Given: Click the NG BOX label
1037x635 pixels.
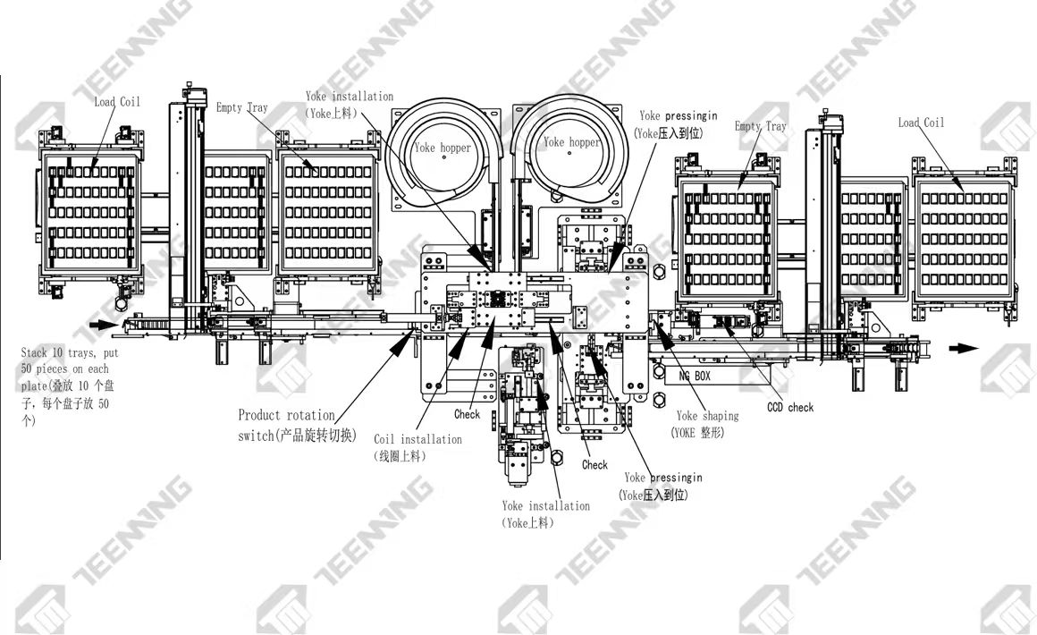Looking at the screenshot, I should [x=695, y=377].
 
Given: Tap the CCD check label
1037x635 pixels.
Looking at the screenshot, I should [x=790, y=408].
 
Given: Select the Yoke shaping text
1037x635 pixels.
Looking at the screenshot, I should [x=707, y=416].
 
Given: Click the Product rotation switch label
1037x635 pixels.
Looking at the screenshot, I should [x=286, y=415].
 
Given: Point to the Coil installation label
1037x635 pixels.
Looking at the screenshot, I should [x=417, y=439].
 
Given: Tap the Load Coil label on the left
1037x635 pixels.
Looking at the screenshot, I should [x=117, y=102].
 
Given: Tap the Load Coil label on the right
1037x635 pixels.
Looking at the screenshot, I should [x=921, y=123].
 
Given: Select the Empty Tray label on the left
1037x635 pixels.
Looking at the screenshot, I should [x=241, y=108].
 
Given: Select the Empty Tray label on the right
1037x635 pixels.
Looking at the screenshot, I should [x=760, y=126].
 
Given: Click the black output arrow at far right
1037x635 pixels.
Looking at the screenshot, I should [x=962, y=348].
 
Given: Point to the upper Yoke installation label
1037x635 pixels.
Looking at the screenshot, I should [x=349, y=97].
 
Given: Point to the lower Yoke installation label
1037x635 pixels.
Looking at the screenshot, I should [x=545, y=506].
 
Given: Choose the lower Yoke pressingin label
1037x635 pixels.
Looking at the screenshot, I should [x=662, y=478].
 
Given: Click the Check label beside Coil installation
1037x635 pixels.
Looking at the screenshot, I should [x=467, y=414].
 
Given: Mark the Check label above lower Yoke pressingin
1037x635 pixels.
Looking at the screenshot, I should [x=594, y=465].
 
